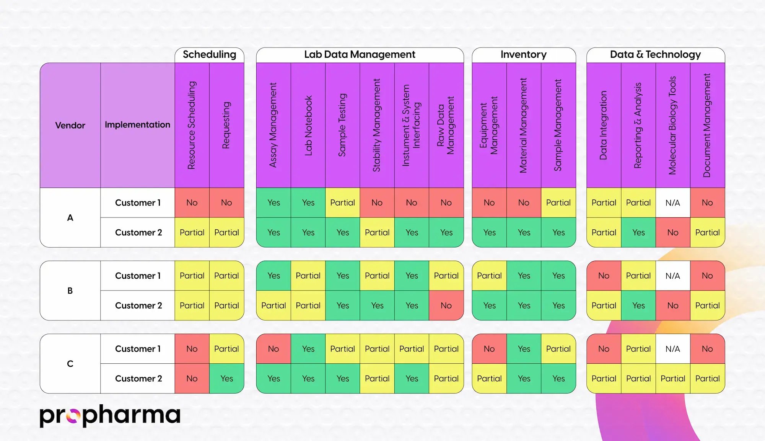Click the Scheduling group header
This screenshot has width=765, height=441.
(209, 55)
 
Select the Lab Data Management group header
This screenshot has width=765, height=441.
(360, 55)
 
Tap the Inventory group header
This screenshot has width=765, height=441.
(523, 55)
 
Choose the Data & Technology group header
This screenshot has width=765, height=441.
(655, 55)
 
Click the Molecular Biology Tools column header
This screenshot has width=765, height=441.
(672, 125)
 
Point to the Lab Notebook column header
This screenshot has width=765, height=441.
(308, 125)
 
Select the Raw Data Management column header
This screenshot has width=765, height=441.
(446, 125)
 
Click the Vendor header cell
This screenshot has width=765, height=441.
(70, 125)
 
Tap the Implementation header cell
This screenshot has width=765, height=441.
(137, 125)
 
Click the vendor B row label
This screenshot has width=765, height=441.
(70, 291)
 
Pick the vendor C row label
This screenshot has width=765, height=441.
(70, 364)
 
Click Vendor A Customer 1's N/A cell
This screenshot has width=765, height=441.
(672, 203)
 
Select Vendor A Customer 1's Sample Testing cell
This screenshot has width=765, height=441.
(342, 203)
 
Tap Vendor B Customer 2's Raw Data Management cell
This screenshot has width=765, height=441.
(446, 305)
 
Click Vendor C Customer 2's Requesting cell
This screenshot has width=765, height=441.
(226, 379)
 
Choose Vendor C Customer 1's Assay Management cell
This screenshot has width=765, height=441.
(273, 349)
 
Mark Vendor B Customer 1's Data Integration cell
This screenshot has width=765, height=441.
(604, 276)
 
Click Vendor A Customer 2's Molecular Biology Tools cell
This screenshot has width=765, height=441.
(672, 232)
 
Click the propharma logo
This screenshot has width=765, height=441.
(110, 415)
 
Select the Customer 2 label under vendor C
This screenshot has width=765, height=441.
(138, 379)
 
